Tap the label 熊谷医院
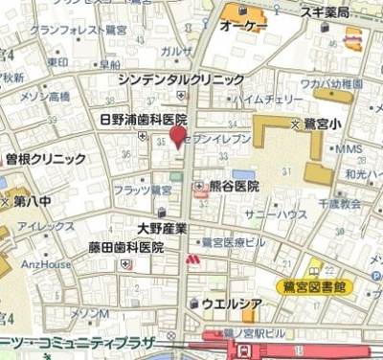234,187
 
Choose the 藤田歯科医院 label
126,247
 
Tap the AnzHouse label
46,264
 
